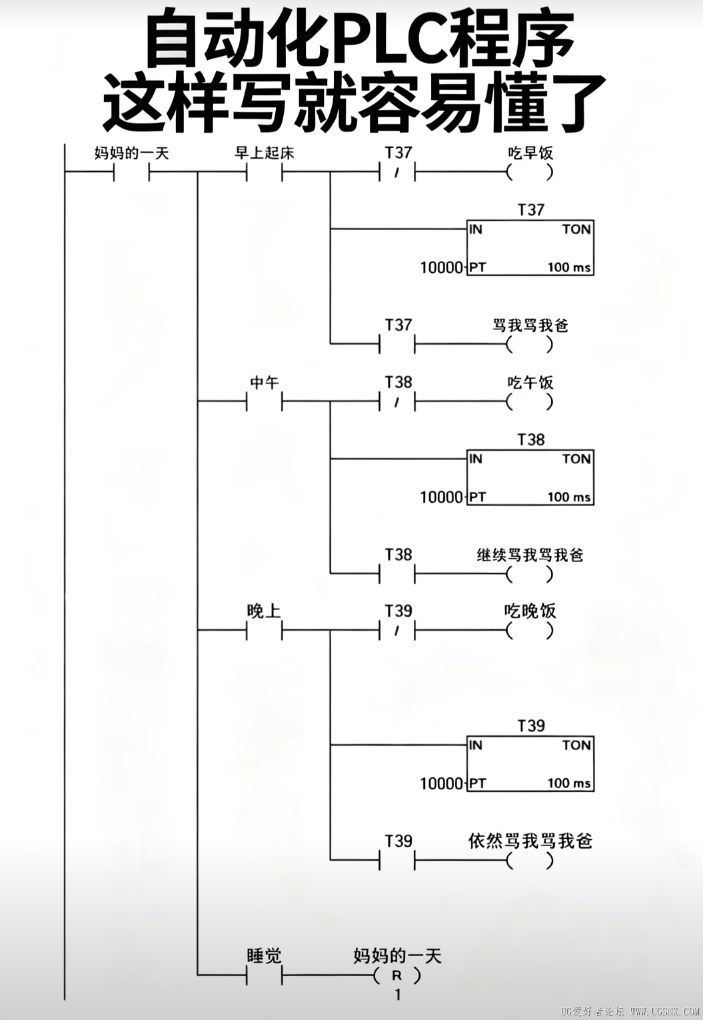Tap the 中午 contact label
coord(265,383)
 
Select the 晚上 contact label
coord(264,611)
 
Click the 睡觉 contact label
coord(264,956)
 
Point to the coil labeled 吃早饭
coord(530,172)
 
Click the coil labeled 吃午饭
coord(530,402)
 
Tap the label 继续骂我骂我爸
coord(530,555)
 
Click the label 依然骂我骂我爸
coord(530,841)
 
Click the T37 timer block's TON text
coord(576,229)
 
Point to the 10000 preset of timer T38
coord(441,497)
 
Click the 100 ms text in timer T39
coord(569,783)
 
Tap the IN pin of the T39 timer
coord(476,745)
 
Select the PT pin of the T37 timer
coord(477,267)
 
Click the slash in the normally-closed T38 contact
coord(396,403)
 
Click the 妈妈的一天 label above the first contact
coord(131,153)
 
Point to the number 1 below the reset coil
coord(398,995)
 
